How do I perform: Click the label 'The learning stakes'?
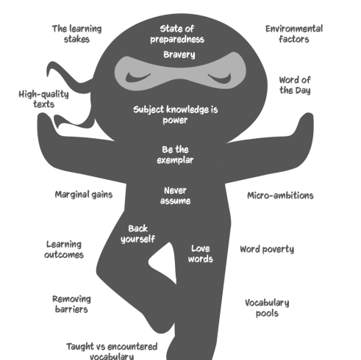(x=76, y=34)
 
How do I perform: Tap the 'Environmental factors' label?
(x=294, y=34)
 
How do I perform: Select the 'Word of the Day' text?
(x=295, y=85)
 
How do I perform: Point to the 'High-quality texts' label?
(x=43, y=99)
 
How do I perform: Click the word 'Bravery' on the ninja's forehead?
(x=179, y=54)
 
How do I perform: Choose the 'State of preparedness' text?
(x=177, y=34)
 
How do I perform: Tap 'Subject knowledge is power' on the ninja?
(x=175, y=115)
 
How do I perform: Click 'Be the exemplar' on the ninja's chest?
(x=175, y=155)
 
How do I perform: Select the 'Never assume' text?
(x=175, y=195)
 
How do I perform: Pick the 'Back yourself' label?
(x=137, y=234)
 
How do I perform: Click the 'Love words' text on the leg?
(x=201, y=253)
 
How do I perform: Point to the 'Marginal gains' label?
(x=84, y=195)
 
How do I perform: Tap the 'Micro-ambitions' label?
(x=280, y=195)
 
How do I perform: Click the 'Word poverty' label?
(x=267, y=249)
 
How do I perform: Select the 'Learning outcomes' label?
(x=64, y=250)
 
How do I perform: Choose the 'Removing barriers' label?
(x=71, y=304)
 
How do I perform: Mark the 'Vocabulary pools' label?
(x=267, y=308)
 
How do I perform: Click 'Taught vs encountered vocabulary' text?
(x=112, y=351)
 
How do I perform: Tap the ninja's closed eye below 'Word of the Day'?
(x=220, y=78)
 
